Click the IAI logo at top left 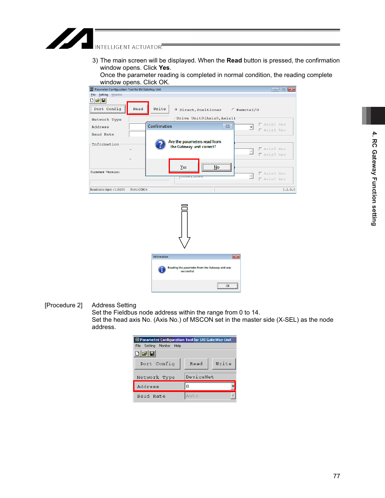(69, 39)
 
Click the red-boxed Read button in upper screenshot (138, 109)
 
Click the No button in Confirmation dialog (217, 167)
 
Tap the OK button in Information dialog (228, 286)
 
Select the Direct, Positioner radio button (176, 110)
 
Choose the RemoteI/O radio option (233, 110)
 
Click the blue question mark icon (160, 144)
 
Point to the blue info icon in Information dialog (162, 269)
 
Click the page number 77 (337, 476)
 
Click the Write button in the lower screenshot (224, 364)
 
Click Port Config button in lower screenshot (157, 364)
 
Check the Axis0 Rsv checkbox (260, 125)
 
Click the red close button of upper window (291, 90)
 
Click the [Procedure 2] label (63, 305)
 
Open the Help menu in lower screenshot (178, 346)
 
